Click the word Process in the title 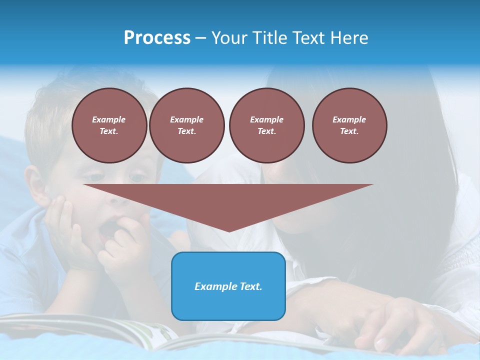point(157,38)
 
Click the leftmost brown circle point(109,125)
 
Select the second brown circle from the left point(186,125)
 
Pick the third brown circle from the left point(266,125)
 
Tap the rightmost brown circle point(349,125)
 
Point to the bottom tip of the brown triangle point(229,231)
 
